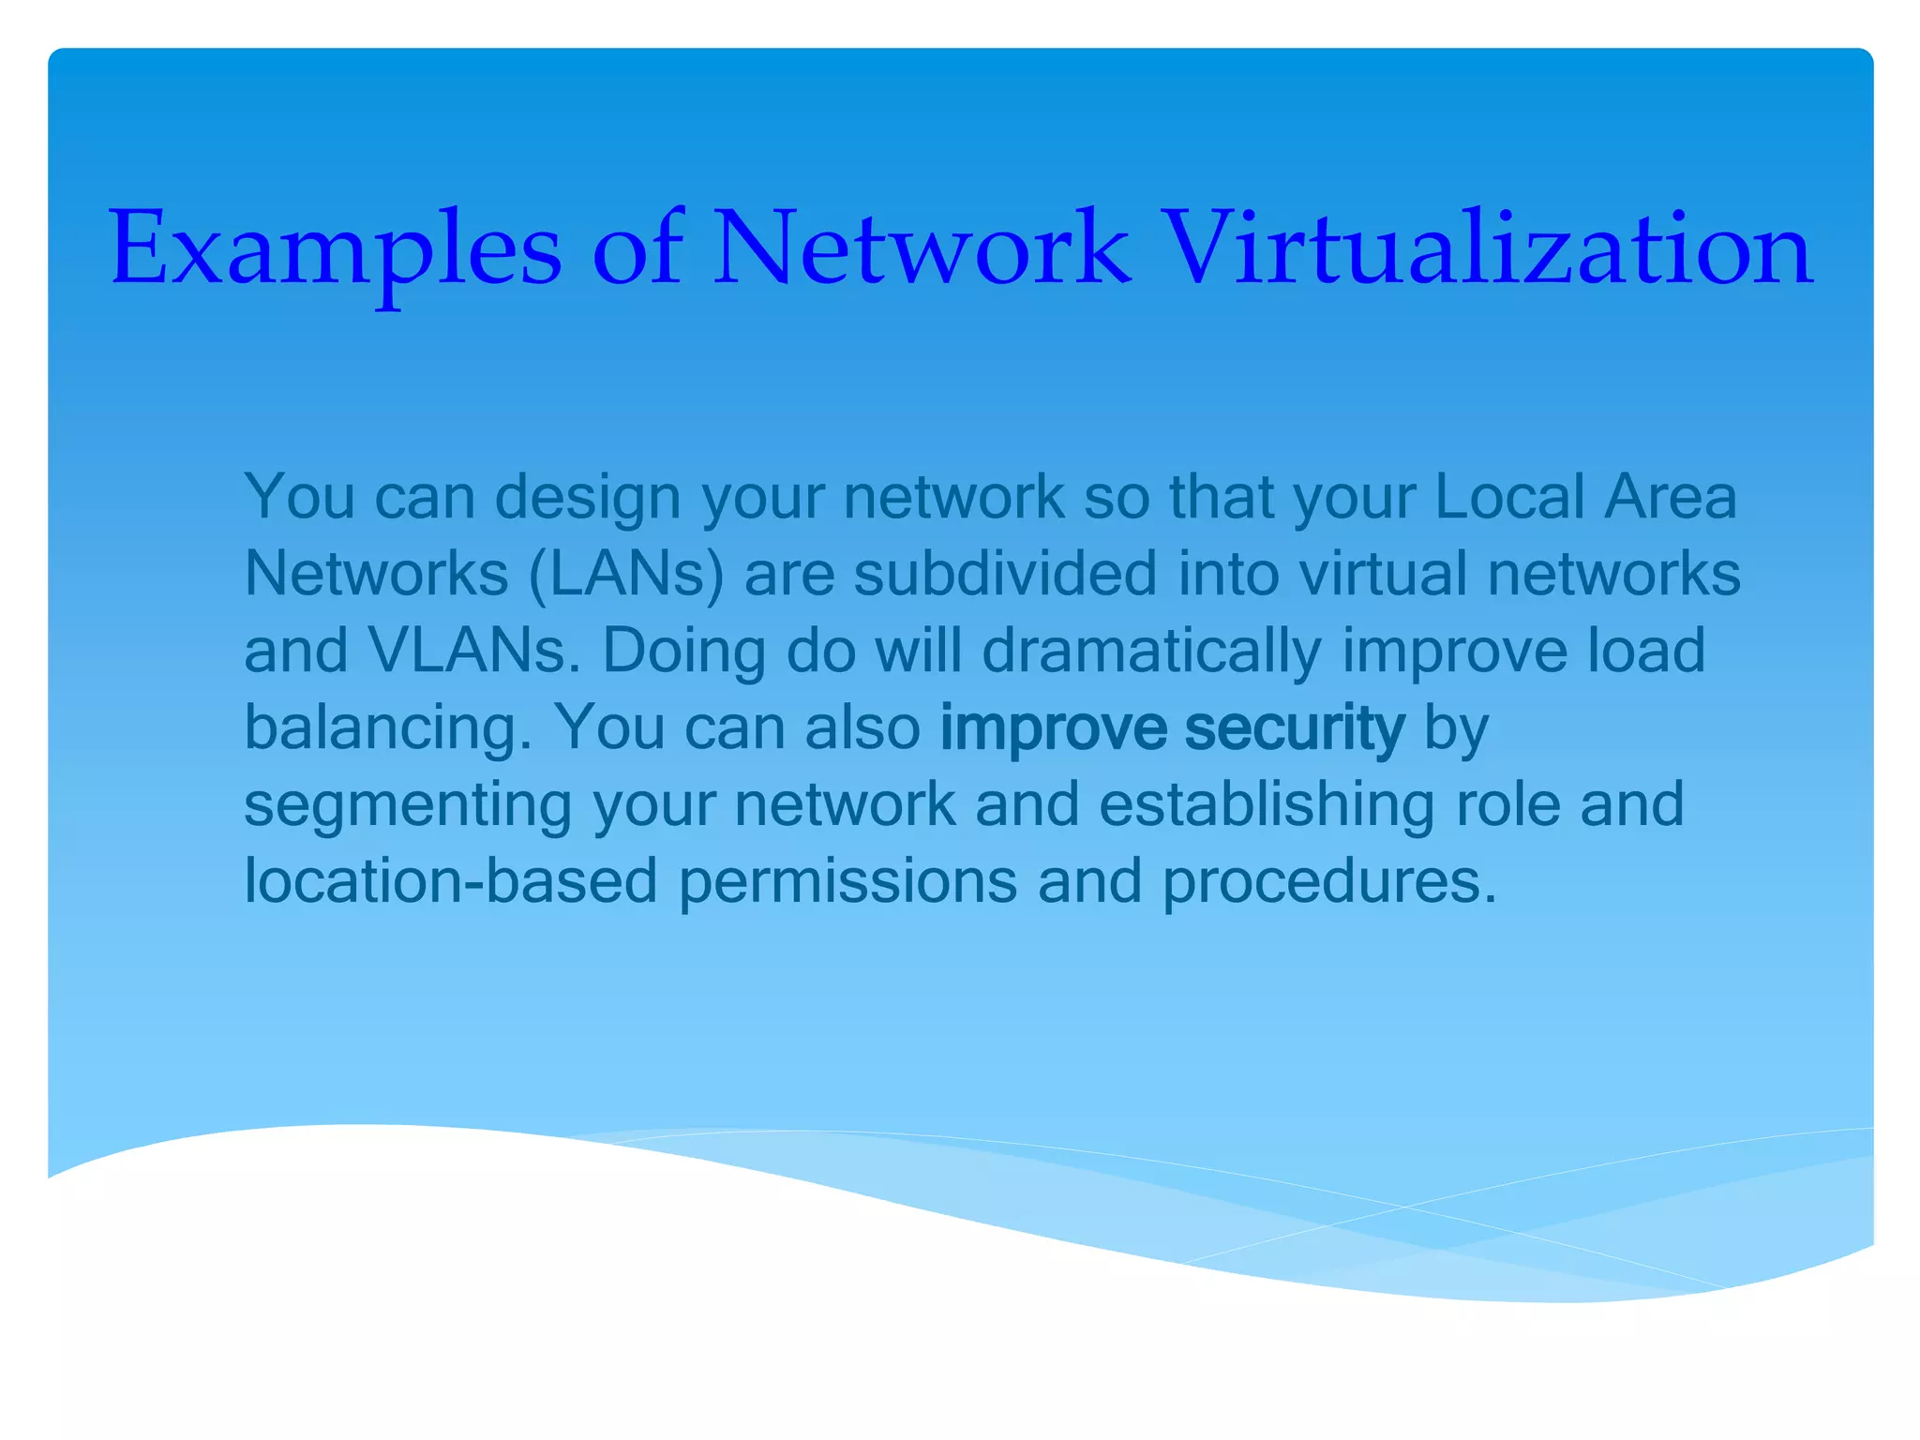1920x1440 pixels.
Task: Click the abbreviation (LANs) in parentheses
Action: pos(626,574)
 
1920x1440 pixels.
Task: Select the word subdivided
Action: pos(1005,574)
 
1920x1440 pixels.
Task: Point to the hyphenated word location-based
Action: pos(451,882)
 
